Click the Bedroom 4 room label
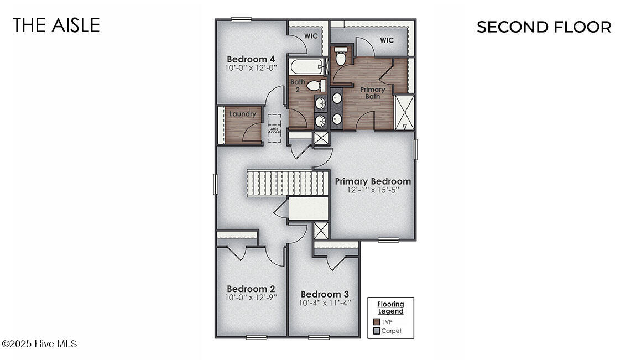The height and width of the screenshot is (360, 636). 251,59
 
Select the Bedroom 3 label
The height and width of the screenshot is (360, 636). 325,294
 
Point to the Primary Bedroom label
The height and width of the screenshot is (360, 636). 373,181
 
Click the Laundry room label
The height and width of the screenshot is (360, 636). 243,114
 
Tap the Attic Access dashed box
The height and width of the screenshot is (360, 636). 274,128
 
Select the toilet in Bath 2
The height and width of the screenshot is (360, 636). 315,86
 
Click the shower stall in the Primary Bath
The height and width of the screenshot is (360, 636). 404,112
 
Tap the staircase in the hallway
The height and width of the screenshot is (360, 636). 288,183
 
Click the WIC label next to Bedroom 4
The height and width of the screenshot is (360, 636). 311,36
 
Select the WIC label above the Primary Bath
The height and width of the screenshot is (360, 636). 387,40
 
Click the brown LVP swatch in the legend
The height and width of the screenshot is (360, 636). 377,321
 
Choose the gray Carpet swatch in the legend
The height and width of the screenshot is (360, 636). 377,331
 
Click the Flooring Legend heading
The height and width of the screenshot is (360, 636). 391,307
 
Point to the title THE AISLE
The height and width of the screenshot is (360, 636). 56,25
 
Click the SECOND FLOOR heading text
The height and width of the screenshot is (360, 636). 544,27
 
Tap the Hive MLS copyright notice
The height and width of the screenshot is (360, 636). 39,344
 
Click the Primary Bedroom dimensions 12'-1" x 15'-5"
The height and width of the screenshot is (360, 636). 373,190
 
